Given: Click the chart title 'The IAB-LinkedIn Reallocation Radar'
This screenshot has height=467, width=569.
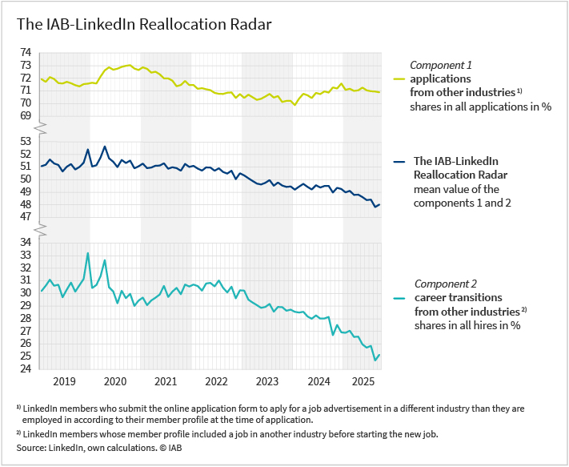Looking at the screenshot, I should click(x=145, y=24).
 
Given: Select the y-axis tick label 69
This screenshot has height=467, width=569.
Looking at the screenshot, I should click(x=26, y=115).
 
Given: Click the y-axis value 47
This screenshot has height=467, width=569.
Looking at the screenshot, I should click(x=26, y=216).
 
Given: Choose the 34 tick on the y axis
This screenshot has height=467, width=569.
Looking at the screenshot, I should click(x=26, y=242).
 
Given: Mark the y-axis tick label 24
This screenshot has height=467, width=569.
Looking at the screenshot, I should click(x=26, y=368).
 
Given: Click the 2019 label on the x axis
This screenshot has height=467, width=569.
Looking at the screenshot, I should click(x=64, y=382).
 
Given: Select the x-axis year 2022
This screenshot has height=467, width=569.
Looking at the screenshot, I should click(x=217, y=382).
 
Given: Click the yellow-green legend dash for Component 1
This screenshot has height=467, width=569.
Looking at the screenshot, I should click(x=400, y=79).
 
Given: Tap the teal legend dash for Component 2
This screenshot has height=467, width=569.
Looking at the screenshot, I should click(x=400, y=298).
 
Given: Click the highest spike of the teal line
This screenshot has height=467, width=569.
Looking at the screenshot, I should click(x=87, y=253).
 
